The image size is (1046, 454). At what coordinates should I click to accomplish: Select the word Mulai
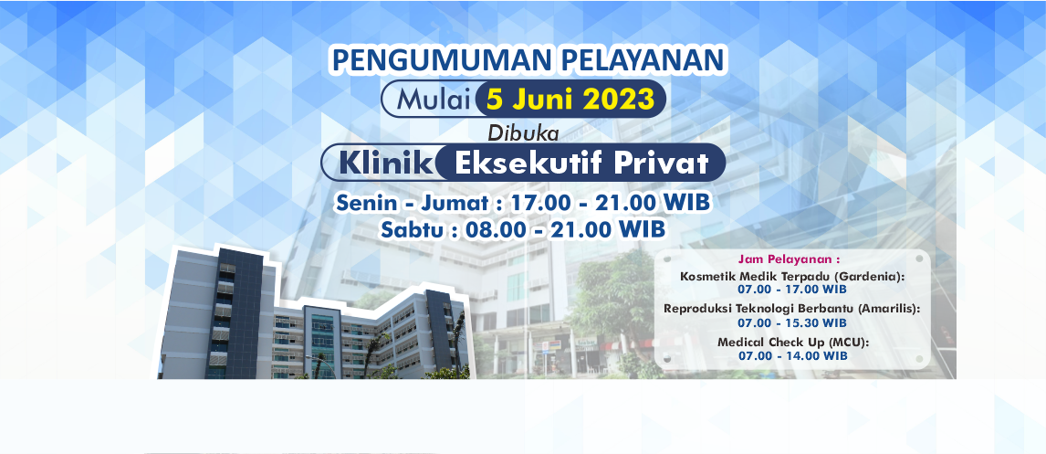tap(434, 100)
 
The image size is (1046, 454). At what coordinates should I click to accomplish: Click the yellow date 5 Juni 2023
tap(570, 100)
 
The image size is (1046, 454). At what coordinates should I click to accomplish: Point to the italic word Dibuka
tap(522, 132)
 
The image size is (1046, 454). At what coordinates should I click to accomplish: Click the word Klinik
tap(386, 163)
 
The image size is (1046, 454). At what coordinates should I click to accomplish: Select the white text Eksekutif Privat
tap(581, 163)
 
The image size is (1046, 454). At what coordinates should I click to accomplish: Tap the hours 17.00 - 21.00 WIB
tap(610, 203)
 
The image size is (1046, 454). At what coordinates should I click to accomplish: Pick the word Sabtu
tap(413, 229)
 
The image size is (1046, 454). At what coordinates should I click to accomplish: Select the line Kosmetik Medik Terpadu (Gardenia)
tap(791, 277)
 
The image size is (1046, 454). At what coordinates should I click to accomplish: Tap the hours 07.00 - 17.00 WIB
tap(792, 289)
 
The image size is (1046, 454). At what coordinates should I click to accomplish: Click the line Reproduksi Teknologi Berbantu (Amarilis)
tap(791, 309)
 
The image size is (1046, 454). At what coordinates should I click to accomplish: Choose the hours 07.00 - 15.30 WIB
tap(792, 322)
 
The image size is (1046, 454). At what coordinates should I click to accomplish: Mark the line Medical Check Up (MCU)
tap(792, 343)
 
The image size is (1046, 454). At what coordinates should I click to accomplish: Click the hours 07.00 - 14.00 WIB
tap(792, 356)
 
